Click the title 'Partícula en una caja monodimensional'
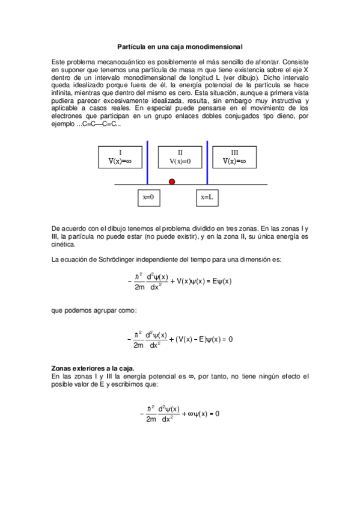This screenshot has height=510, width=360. tap(179, 46)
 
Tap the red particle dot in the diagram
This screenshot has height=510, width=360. tap(172, 181)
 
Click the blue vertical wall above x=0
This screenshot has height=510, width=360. tap(147, 163)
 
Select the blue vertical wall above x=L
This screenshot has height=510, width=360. tap(207, 163)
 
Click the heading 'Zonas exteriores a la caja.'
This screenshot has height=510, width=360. tap(93, 367)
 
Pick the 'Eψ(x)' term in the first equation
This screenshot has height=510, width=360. tap(219, 281)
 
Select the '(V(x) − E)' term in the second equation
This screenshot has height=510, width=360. tap(190, 339)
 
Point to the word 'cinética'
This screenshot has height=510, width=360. tap(64, 245)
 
